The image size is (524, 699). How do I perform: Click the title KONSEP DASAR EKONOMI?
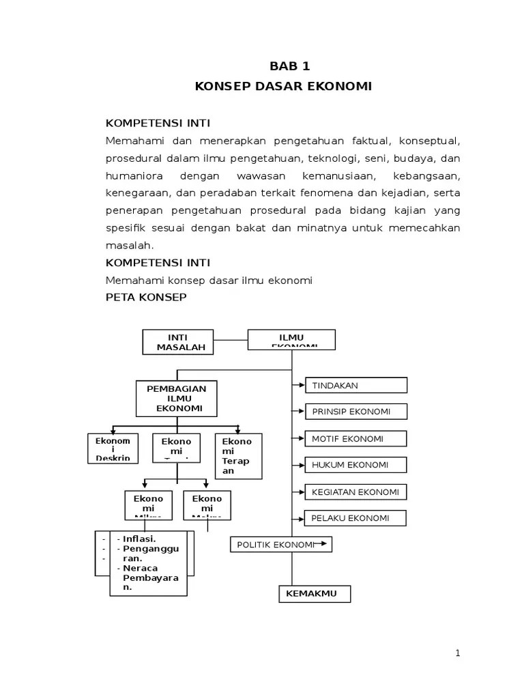click(x=283, y=87)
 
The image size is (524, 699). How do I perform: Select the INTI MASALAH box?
click(x=177, y=342)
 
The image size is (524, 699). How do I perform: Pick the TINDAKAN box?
click(x=355, y=386)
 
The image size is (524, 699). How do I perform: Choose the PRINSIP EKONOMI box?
click(x=355, y=412)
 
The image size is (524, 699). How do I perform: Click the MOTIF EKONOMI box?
click(x=355, y=439)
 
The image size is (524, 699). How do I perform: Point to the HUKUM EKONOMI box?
click(x=355, y=465)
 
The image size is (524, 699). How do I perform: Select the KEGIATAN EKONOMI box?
click(x=355, y=491)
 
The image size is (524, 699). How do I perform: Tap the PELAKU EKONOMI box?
click(x=355, y=518)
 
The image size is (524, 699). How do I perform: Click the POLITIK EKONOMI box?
click(x=280, y=544)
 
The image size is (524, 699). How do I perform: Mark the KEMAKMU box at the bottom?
click(x=315, y=594)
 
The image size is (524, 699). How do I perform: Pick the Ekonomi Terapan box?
click(x=237, y=455)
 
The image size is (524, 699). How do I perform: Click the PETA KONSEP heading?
click(x=146, y=298)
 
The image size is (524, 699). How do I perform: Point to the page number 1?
click(x=458, y=653)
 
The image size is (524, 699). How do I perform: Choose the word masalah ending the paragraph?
click(x=130, y=244)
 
